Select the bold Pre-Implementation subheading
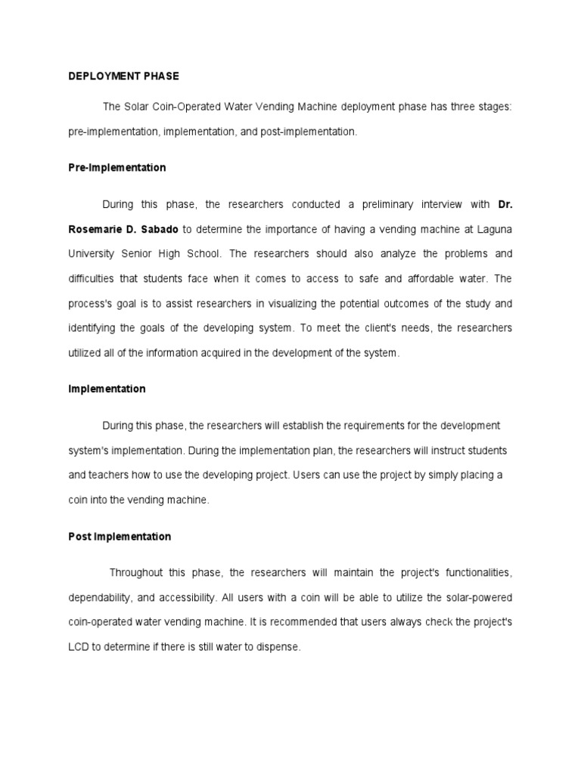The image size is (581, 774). coord(117,168)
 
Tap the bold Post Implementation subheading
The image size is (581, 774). coord(120,537)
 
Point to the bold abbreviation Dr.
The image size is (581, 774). coord(505,205)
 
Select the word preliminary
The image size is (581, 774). coord(392,205)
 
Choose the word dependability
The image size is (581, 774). coord(100,598)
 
